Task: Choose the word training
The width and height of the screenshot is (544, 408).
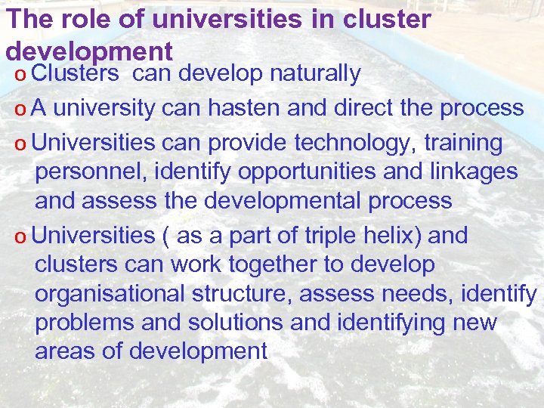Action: point(463,142)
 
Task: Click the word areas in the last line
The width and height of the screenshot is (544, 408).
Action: point(63,351)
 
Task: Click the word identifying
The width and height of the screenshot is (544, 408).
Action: point(388,323)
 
